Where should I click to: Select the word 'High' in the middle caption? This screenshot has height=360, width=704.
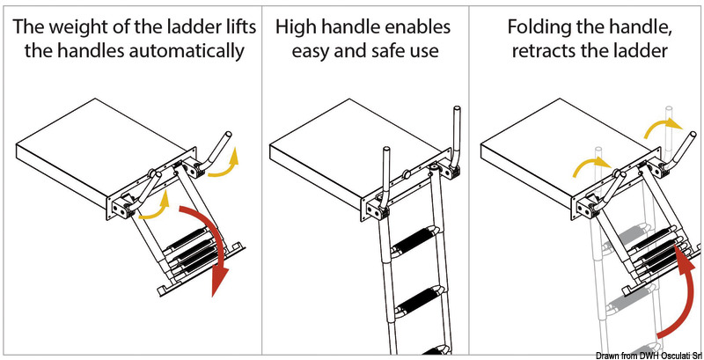pyautogui.click(x=296, y=26)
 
